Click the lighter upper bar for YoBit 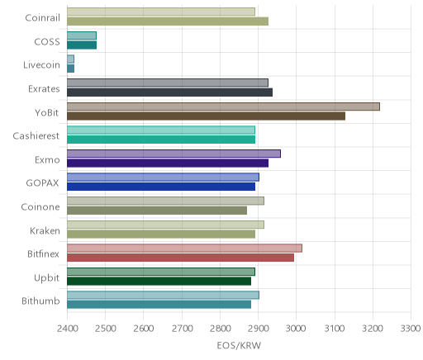click(x=223, y=107)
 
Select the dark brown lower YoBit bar click(x=206, y=116)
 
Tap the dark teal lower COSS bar click(x=82, y=45)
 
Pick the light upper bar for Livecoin click(x=70, y=59)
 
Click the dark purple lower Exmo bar click(x=168, y=163)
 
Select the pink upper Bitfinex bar click(x=184, y=249)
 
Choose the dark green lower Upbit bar click(x=159, y=282)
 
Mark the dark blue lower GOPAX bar click(x=161, y=187)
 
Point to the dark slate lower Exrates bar click(x=169, y=92)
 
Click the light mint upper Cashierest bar click(x=161, y=130)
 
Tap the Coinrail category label click(x=42, y=18)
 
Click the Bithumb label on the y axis click(x=40, y=301)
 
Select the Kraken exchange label click(x=45, y=230)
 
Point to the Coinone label click(x=40, y=207)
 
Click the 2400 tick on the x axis click(x=67, y=329)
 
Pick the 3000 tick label click(x=296, y=329)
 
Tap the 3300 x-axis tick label click(x=411, y=329)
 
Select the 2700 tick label click(x=182, y=329)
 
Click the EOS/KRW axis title click(x=239, y=346)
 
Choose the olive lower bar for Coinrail click(x=168, y=21)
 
